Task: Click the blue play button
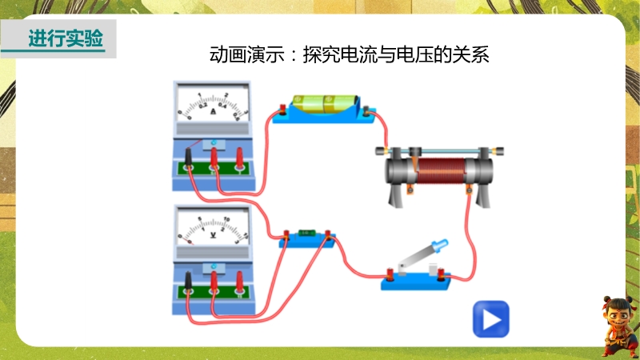[490, 318]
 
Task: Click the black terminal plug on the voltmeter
[188, 281]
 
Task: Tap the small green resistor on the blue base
[306, 234]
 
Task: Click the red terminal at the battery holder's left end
[279, 111]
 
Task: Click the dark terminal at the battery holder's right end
[366, 111]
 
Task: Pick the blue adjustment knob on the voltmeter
[214, 265]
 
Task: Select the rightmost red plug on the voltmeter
[240, 281]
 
